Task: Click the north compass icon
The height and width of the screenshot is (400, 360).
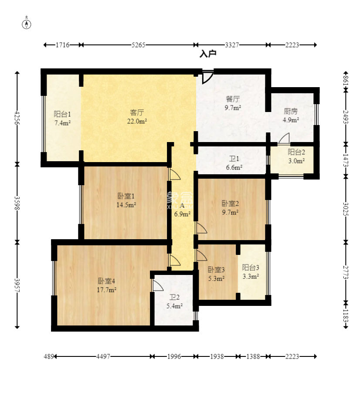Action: pyautogui.click(x=27, y=24)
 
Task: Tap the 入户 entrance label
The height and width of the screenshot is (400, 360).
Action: pyautogui.click(x=208, y=54)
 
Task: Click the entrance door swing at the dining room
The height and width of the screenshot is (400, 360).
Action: pyautogui.click(x=207, y=77)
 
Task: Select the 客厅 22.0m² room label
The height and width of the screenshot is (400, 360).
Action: pyautogui.click(x=137, y=117)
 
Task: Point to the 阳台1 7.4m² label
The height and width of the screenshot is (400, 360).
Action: pyautogui.click(x=62, y=119)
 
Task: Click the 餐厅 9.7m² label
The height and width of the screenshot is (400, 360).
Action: pyautogui.click(x=233, y=103)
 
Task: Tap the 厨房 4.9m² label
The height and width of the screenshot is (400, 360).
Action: pyautogui.click(x=291, y=115)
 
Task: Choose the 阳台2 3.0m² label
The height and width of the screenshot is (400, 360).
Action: pyautogui.click(x=296, y=156)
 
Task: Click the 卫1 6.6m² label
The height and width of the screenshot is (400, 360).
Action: pyautogui.click(x=234, y=163)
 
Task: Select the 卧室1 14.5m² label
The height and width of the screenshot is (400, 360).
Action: pyautogui.click(x=126, y=200)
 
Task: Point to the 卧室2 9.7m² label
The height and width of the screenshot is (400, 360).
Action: pyautogui.click(x=230, y=208)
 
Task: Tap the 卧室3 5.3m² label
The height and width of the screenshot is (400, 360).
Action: pyautogui.click(x=216, y=274)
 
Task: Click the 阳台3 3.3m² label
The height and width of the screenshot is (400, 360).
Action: pyautogui.click(x=251, y=272)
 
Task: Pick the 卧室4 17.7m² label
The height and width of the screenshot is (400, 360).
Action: pyautogui.click(x=107, y=285)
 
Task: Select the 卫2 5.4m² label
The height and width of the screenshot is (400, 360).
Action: pyautogui.click(x=174, y=302)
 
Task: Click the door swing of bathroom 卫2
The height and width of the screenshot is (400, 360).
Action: pyautogui.click(x=158, y=285)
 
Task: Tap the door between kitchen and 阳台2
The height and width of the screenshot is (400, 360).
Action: pyautogui.click(x=283, y=139)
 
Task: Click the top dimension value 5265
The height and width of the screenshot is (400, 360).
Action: pyautogui.click(x=138, y=45)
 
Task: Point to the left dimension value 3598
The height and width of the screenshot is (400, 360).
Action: pyautogui.click(x=17, y=203)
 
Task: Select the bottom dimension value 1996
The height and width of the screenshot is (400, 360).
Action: pyautogui.click(x=174, y=356)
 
